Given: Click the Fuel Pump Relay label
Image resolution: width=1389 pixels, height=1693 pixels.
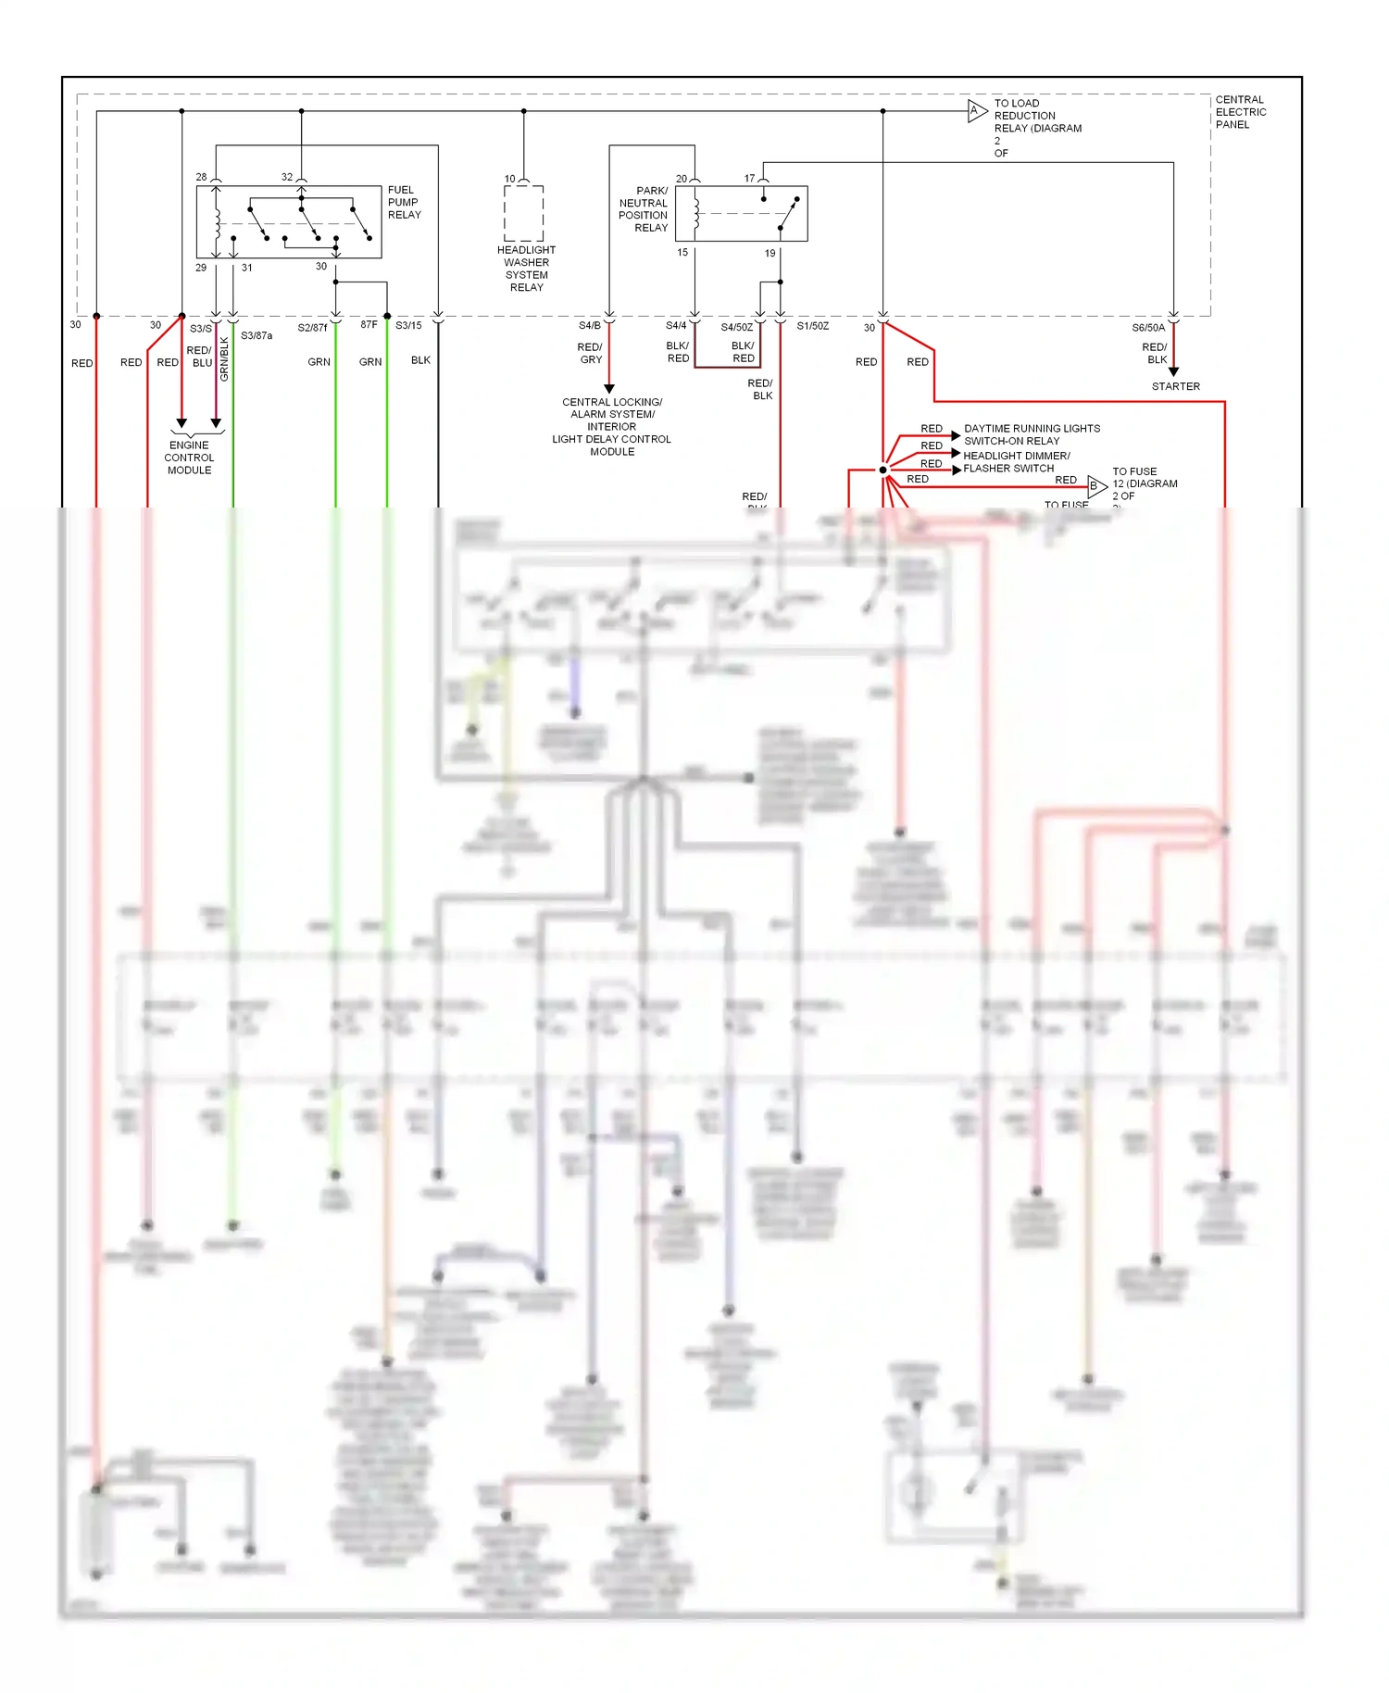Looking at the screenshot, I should pos(404,202).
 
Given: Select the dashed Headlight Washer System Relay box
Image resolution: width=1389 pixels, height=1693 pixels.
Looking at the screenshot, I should pos(523,213).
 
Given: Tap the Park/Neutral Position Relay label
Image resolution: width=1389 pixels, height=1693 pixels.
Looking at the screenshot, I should pos(644,209).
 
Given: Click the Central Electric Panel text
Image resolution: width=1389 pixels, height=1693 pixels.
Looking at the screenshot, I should pos(1240,112).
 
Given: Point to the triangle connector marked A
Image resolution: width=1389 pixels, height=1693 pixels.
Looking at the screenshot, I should pos(976,111).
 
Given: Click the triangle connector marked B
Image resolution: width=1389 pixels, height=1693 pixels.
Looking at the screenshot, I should pos(1095,485).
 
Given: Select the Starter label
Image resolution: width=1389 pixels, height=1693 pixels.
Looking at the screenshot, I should pos(1175,386).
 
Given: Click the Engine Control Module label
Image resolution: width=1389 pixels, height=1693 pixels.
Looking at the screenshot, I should pos(189,458).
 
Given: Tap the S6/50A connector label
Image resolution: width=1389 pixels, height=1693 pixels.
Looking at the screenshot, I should pos(1148,328).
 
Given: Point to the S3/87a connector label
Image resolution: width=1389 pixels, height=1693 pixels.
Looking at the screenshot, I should pos(257,335).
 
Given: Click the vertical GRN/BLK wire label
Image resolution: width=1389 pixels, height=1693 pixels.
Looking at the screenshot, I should pos(224,358).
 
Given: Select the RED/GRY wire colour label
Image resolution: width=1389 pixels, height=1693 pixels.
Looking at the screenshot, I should pos(590,353).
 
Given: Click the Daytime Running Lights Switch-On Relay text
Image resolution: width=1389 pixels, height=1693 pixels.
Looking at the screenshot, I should pos(1032,434).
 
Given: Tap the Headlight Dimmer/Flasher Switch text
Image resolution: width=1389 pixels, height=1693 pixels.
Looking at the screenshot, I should pos(1016,461).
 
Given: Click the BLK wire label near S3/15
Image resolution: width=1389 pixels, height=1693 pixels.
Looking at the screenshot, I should pos(420,360).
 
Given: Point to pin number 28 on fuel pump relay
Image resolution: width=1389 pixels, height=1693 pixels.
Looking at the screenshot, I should pos(201,177).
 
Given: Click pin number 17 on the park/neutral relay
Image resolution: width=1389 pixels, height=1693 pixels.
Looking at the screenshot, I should pos(749,179).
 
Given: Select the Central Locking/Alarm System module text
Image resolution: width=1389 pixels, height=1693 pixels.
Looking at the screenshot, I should pos(611,427).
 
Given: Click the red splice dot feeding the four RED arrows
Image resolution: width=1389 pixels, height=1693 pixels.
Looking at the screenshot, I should pos(882,470).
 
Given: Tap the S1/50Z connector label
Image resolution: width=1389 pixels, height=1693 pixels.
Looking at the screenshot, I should pos(812,326).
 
